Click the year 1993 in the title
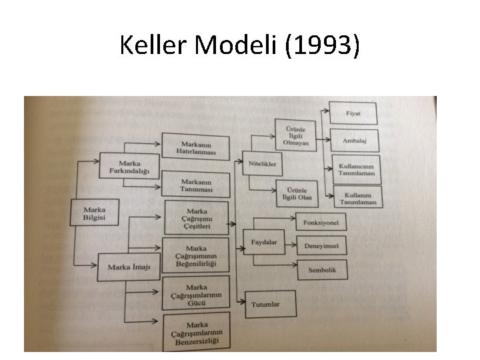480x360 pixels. coord(323,46)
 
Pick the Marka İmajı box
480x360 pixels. coord(129,268)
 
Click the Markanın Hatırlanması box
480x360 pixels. coord(196,147)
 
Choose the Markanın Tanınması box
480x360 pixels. coord(196,184)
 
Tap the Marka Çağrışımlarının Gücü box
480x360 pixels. coord(197,294)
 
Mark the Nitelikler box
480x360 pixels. coord(263,163)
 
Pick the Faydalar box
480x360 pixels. coord(265,242)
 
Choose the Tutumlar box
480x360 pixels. coord(265,305)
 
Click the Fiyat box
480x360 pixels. coord(353,113)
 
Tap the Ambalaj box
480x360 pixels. coord(353,141)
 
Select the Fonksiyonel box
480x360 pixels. coord(321,222)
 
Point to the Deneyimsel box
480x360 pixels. coord(321,246)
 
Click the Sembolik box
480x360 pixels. coord(322,270)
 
